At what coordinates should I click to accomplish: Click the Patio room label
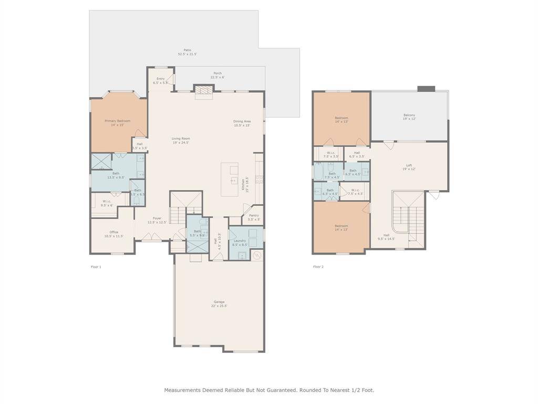[187, 52]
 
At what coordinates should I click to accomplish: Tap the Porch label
[218, 75]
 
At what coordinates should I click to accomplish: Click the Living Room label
[181, 140]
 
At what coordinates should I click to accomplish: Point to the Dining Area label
[242, 124]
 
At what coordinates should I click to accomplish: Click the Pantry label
[253, 217]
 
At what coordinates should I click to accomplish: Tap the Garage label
[220, 304]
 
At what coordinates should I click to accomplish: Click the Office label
[113, 234]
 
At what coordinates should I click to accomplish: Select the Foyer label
[157, 220]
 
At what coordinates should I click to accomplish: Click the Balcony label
[409, 117]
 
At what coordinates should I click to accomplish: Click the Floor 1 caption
[96, 267]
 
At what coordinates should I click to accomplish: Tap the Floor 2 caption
[318, 267]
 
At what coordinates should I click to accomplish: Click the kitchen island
[230, 179]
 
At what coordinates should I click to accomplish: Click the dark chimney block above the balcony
[426, 88]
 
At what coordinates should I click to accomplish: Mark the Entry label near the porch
[161, 80]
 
